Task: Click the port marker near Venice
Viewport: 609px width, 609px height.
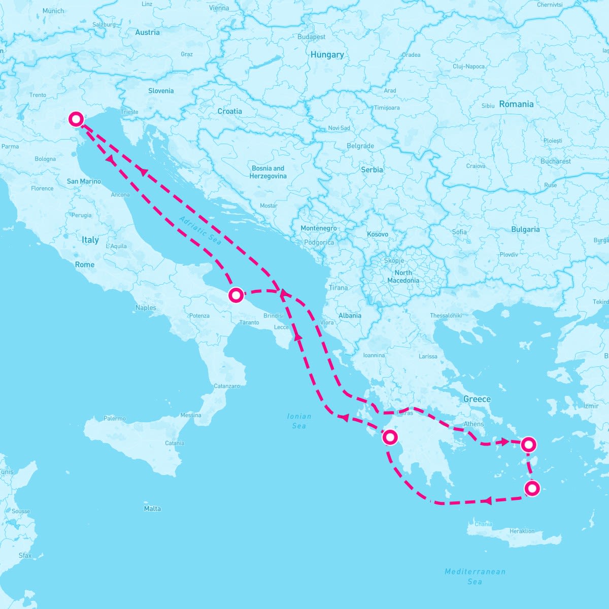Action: [x=76, y=119]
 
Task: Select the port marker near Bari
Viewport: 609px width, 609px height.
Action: [x=236, y=295]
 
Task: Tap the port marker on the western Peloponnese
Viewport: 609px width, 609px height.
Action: [x=389, y=437]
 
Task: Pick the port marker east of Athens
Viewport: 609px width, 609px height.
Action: [x=528, y=445]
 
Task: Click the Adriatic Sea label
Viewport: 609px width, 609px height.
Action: [x=200, y=231]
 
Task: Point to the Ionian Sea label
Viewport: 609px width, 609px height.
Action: [x=299, y=421]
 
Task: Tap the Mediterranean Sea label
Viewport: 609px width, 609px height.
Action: [x=475, y=576]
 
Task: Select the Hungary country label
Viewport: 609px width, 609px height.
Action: [x=327, y=55]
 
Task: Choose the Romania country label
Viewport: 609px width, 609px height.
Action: [x=516, y=104]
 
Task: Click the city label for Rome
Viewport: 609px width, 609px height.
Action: [x=85, y=264]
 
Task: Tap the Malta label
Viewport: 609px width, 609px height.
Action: [x=152, y=509]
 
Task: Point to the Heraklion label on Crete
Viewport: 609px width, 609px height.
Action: [x=522, y=531]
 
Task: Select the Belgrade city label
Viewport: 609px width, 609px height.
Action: [x=360, y=146]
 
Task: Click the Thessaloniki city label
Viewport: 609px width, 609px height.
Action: [x=446, y=316]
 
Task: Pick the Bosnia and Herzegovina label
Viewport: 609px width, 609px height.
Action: [x=268, y=172]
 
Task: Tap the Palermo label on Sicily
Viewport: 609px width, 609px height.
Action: [x=115, y=419]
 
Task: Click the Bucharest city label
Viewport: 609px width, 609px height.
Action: [x=556, y=161]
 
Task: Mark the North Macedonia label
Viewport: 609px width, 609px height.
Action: [x=403, y=277]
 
